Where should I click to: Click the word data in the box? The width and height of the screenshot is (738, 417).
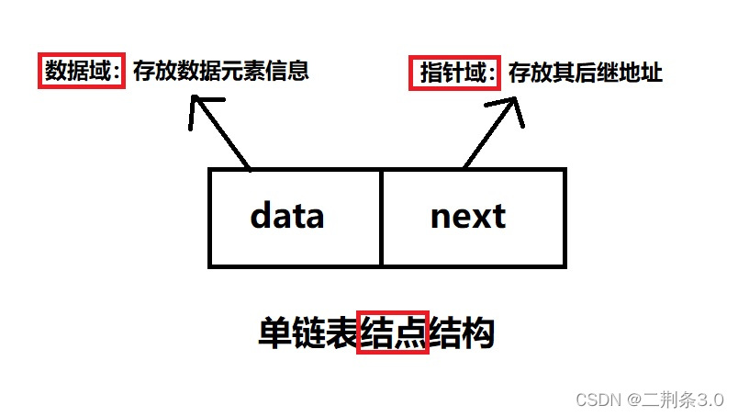tap(287, 217)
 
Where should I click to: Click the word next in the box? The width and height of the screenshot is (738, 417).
tap(467, 217)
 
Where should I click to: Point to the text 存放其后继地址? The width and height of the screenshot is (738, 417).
tap(585, 73)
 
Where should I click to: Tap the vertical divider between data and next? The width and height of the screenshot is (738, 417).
tap(381, 217)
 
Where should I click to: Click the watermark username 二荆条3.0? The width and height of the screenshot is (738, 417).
tap(685, 400)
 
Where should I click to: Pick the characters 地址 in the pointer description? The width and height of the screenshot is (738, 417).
tap(641, 73)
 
